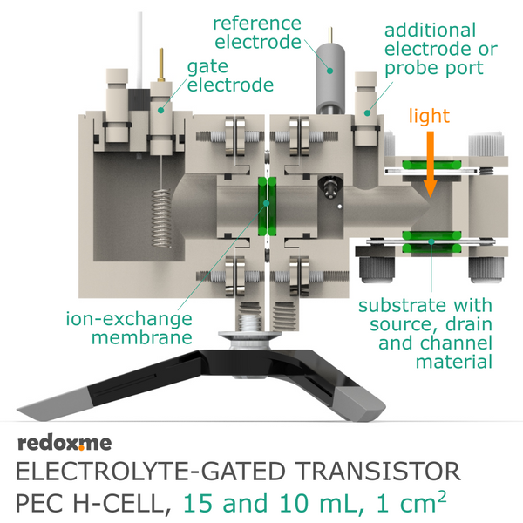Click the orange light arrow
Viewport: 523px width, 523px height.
[x=431, y=164]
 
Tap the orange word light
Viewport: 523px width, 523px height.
[x=429, y=116]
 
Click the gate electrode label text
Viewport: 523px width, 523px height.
[x=230, y=76]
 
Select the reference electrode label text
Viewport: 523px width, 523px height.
[x=257, y=33]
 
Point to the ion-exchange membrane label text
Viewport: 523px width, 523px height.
[x=129, y=328]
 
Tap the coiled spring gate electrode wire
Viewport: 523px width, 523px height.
[x=161, y=219]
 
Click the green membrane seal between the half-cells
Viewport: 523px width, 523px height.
[x=268, y=207]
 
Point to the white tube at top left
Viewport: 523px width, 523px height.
[x=140, y=50]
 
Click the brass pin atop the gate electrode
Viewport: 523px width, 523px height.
[x=161, y=65]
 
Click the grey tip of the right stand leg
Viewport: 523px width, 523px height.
[x=361, y=404]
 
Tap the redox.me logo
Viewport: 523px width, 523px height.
[x=65, y=444]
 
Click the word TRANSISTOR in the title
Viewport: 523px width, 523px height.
[x=377, y=472]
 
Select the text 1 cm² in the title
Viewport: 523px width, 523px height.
[x=411, y=503]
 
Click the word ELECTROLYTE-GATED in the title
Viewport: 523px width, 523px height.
[x=150, y=472]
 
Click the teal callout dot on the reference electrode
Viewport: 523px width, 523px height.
[x=329, y=71]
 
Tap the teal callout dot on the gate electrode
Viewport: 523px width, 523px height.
[x=160, y=110]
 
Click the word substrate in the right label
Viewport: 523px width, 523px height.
[x=397, y=306]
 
